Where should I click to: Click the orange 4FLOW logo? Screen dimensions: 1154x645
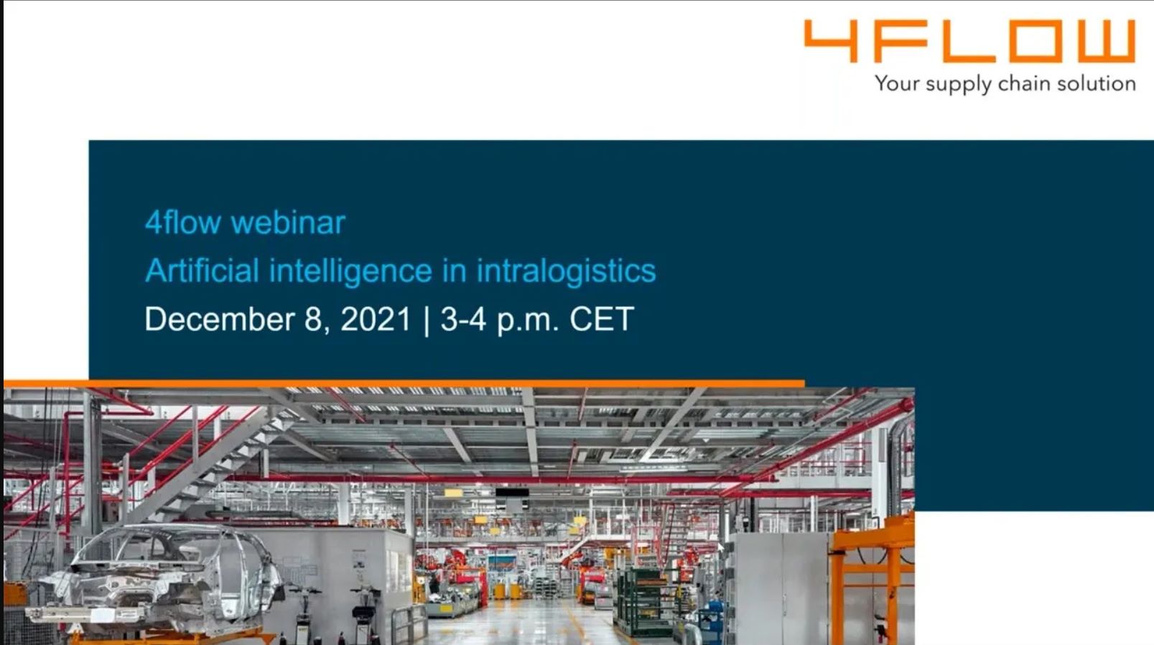click(969, 41)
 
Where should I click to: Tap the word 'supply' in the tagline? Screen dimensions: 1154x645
click(958, 85)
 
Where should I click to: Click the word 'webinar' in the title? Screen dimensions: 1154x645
click(288, 223)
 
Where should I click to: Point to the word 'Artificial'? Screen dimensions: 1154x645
click(202, 271)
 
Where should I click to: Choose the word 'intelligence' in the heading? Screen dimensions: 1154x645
click(350, 272)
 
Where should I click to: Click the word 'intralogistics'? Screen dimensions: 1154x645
click(566, 272)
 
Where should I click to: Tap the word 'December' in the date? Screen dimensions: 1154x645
click(220, 319)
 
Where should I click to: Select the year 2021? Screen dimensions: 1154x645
click(376, 319)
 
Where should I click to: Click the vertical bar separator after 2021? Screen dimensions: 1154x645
click(426, 320)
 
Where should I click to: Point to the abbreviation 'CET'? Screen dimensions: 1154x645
click(602, 319)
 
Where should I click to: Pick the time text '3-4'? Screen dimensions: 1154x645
click(463, 319)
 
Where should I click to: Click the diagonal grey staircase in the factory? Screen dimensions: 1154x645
click(206, 464)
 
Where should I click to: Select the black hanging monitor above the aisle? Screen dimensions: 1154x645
click(512, 493)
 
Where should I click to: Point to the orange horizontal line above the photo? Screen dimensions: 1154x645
click(404, 384)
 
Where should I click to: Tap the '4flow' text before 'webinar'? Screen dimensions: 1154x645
click(183, 223)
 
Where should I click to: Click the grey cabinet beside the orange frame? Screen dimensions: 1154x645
click(781, 588)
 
